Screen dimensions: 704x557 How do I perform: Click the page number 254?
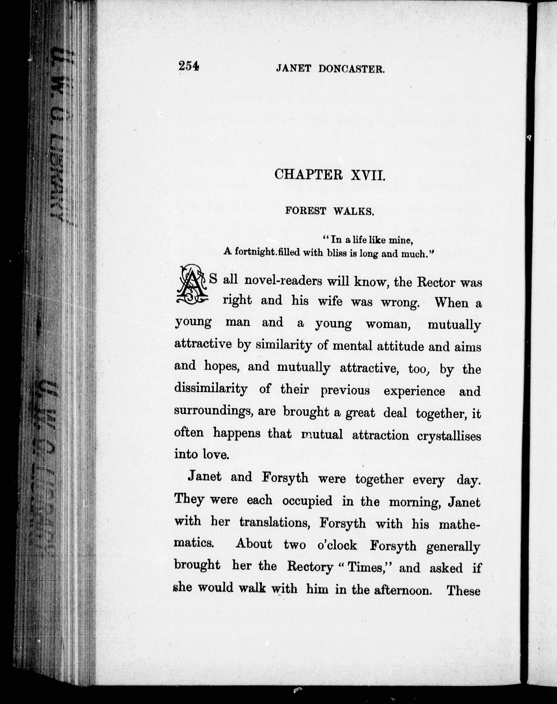click(x=189, y=66)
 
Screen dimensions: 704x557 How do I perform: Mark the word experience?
click(x=414, y=391)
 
